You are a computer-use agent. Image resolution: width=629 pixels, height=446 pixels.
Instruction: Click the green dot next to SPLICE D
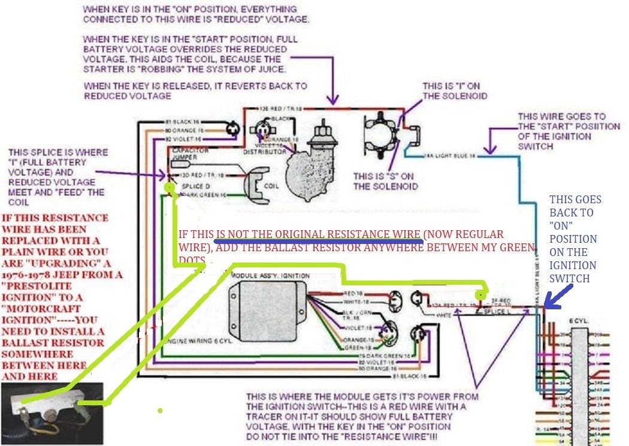point(171,187)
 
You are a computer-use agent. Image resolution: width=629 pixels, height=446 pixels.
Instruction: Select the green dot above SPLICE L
point(480,295)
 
